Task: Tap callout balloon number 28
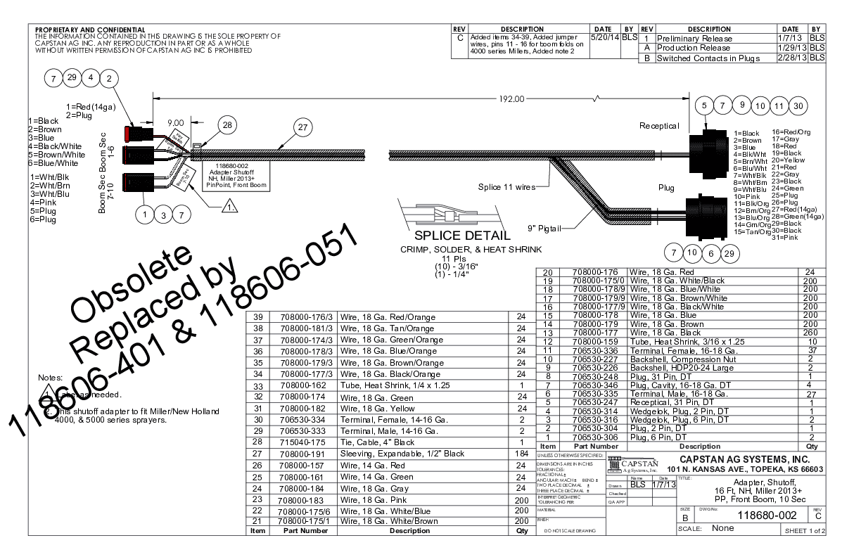(x=227, y=124)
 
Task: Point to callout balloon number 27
(x=303, y=127)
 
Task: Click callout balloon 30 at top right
(x=796, y=106)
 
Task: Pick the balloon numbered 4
(x=91, y=77)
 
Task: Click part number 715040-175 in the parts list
(x=305, y=442)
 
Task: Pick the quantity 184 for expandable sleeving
(x=521, y=454)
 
